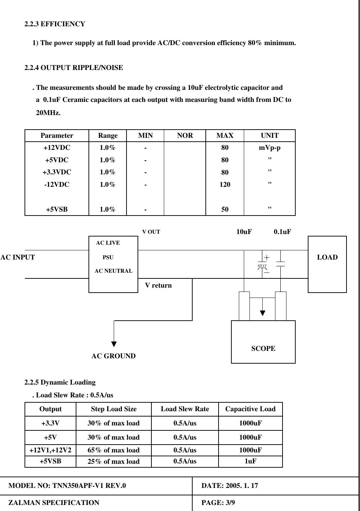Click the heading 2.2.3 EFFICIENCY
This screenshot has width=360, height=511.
(54, 24)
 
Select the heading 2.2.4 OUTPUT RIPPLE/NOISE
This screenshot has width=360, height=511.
(74, 67)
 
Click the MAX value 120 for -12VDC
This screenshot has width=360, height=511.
(225, 185)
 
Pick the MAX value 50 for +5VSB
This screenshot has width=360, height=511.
(225, 210)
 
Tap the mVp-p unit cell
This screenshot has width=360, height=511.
(269, 147)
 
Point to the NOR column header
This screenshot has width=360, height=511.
(185, 135)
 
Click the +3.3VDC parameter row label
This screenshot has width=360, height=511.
(57, 172)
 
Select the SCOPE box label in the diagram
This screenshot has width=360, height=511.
(263, 348)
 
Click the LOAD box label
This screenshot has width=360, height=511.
(327, 257)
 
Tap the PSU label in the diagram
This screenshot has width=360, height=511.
(108, 257)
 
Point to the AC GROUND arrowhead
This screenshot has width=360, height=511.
(114, 343)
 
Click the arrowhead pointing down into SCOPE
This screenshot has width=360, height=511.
(262, 313)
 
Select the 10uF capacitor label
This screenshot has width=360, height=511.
(244, 232)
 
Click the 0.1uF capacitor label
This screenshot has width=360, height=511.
(283, 232)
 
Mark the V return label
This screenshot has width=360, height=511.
(158, 286)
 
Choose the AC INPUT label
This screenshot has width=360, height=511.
(18, 257)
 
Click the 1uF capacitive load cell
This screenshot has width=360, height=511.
(250, 461)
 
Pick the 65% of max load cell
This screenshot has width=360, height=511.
(114, 450)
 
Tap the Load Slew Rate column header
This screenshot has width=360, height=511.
(185, 409)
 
